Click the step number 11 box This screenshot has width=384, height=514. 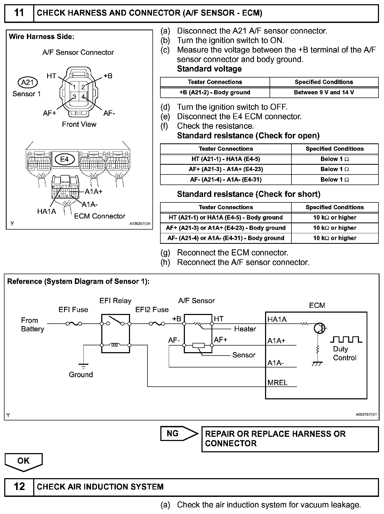[19, 13]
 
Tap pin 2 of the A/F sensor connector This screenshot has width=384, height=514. [83, 87]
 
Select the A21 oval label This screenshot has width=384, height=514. [27, 83]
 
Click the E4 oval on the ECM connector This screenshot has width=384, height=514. [64, 159]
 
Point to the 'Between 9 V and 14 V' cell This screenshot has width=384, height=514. [324, 93]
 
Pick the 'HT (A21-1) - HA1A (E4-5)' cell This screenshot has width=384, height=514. [225, 159]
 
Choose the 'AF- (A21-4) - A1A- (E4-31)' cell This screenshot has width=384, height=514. [225, 180]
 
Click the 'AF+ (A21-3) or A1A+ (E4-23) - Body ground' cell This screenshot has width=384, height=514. [225, 228]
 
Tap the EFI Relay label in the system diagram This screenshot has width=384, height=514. [115, 301]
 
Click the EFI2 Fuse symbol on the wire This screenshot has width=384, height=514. [157, 323]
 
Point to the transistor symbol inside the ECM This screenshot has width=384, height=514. [320, 328]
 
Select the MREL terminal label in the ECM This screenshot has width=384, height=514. [277, 382]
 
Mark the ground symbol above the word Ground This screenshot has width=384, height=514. [83, 366]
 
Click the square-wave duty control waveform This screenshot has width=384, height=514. [346, 339]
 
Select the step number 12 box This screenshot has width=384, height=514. [19, 486]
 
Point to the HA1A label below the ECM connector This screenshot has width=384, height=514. [47, 211]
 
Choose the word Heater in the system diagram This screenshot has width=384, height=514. [245, 329]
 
